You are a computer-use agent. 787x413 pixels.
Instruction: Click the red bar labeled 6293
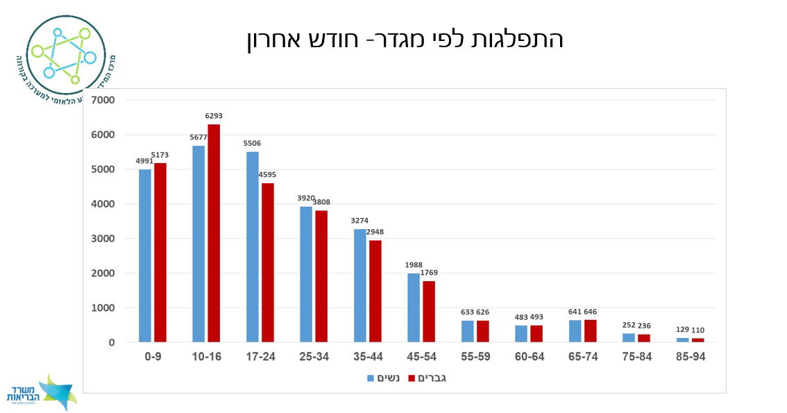(214, 233)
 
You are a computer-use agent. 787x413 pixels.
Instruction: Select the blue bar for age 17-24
(253, 247)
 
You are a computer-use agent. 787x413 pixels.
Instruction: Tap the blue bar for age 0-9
(145, 255)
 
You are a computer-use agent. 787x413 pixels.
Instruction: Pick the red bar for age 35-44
(375, 292)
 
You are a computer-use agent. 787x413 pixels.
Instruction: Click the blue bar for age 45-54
(414, 307)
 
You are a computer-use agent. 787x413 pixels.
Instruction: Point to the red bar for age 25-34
(321, 276)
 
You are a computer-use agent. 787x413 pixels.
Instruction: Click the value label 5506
(252, 144)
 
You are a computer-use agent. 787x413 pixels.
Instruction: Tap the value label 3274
(359, 221)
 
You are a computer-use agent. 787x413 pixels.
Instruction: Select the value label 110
(698, 330)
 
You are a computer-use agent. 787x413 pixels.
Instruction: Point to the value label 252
(629, 325)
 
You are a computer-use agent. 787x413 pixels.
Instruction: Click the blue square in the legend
(371, 379)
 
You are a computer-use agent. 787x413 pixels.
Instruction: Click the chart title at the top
(405, 40)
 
